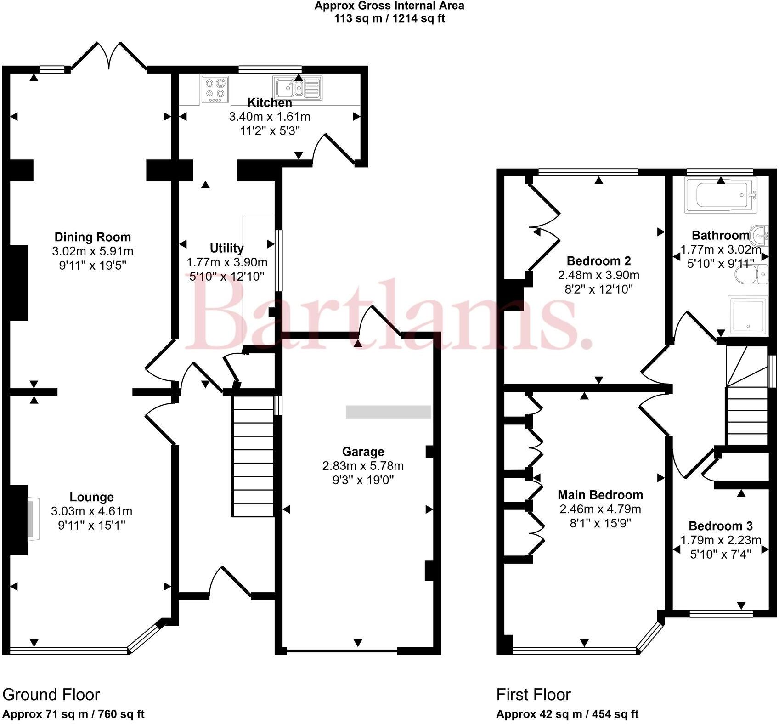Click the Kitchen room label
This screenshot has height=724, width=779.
tap(269, 102)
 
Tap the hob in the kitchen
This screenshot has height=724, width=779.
tap(215, 89)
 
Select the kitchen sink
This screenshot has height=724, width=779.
tap(296, 87)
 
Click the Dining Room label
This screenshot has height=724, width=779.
tap(93, 237)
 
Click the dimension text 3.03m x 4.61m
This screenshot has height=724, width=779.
tap(92, 511)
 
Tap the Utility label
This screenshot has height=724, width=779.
tap(226, 248)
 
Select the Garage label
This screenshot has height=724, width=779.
tap(363, 451)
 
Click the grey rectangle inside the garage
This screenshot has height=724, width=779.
tap(388, 412)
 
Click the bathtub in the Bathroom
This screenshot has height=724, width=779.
tap(719, 196)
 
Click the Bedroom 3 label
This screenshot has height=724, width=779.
tap(720, 526)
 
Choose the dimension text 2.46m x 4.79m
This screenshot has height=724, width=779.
tap(600, 509)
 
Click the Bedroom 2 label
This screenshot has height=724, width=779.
tap(598, 261)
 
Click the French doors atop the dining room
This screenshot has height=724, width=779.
tap(109, 56)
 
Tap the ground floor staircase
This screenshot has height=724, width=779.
tap(253, 457)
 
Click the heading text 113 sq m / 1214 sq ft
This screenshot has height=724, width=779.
tap(389, 18)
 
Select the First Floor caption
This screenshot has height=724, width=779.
tap(533, 694)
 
